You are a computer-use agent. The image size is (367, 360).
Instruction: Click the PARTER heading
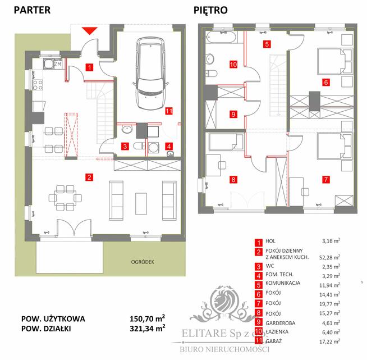pos(32,10)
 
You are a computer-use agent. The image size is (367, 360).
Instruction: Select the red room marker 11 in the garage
pos(169,111)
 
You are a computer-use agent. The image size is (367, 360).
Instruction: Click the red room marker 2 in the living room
pos(89,177)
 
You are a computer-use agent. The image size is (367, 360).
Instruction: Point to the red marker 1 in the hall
pos(89,68)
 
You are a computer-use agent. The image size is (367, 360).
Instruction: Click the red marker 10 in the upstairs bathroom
pos(233,64)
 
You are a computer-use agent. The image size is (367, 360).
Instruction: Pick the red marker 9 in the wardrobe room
pos(233,114)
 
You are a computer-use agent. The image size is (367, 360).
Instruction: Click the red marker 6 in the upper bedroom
pos(325,82)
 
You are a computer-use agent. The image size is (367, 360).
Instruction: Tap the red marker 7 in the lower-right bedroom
pos(325,180)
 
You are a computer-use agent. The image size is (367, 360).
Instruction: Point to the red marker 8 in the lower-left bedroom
pos(233,180)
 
